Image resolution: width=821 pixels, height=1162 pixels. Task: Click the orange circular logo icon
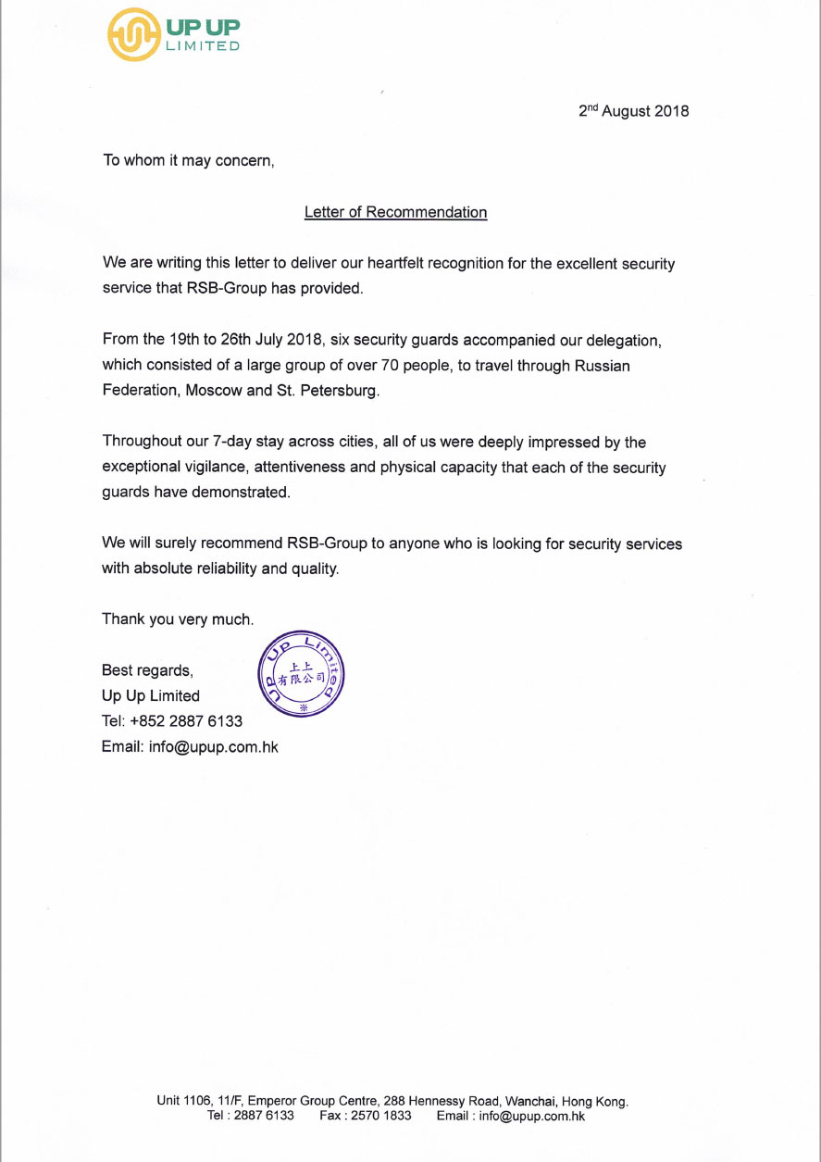click(134, 34)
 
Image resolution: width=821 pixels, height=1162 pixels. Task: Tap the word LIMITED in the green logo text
click(203, 46)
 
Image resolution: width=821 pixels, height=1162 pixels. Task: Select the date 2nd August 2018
click(634, 111)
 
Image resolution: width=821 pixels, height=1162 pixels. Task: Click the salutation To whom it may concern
click(189, 160)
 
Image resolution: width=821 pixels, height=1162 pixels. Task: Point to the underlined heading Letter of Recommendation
click(395, 212)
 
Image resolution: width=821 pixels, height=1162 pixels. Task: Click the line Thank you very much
click(178, 619)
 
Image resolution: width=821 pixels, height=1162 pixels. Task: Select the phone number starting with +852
click(186, 721)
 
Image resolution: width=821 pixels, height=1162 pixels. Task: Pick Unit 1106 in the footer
click(182, 1102)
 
